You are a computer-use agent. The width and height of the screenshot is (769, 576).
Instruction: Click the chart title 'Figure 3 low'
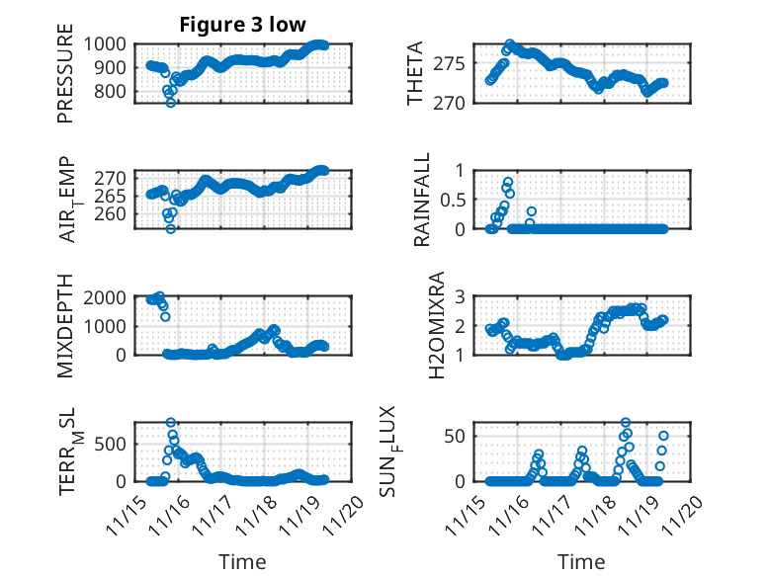(x=242, y=24)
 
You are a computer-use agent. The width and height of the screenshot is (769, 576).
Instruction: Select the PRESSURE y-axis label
(x=66, y=79)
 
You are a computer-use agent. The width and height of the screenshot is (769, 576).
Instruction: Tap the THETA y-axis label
(x=415, y=74)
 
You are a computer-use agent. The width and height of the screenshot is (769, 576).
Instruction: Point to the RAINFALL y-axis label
(x=422, y=199)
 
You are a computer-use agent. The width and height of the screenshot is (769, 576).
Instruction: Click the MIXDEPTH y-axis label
(x=66, y=324)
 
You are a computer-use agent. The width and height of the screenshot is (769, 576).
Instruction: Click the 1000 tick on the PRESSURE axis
(x=104, y=43)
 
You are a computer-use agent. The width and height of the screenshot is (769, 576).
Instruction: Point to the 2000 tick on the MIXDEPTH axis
(x=104, y=296)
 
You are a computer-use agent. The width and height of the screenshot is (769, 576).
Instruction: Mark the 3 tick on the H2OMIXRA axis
(x=459, y=296)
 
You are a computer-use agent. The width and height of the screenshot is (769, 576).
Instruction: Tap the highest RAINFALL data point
(x=508, y=183)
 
